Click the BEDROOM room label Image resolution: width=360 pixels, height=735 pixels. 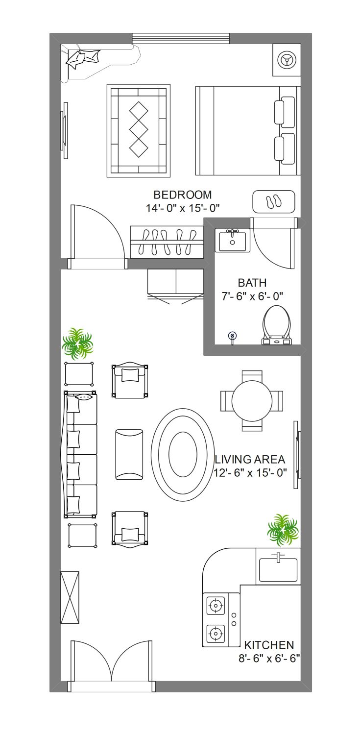pos(183,195)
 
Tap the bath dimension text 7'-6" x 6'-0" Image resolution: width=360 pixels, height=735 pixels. pos(252,296)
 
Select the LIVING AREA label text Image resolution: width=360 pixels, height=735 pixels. pos(250,459)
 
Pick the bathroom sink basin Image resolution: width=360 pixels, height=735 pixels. pos(233,241)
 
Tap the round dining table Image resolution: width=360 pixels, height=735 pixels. pos(252,401)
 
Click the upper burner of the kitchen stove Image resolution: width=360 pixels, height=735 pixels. pos(216,605)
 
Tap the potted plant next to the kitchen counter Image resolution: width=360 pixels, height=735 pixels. pos(283,530)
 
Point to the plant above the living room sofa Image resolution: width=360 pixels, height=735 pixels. pos(78,343)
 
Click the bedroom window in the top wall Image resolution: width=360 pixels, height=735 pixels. pos(181,38)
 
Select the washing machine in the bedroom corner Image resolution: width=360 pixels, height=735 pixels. pos(287,60)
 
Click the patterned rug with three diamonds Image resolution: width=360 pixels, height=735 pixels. pos(138,131)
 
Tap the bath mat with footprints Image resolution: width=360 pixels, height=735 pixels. pos(274,201)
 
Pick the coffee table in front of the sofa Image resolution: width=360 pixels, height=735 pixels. pos(129,454)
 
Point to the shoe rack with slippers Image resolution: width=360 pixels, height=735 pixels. pos(167,242)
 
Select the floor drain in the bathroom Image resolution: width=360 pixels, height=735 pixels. pos(233,337)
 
